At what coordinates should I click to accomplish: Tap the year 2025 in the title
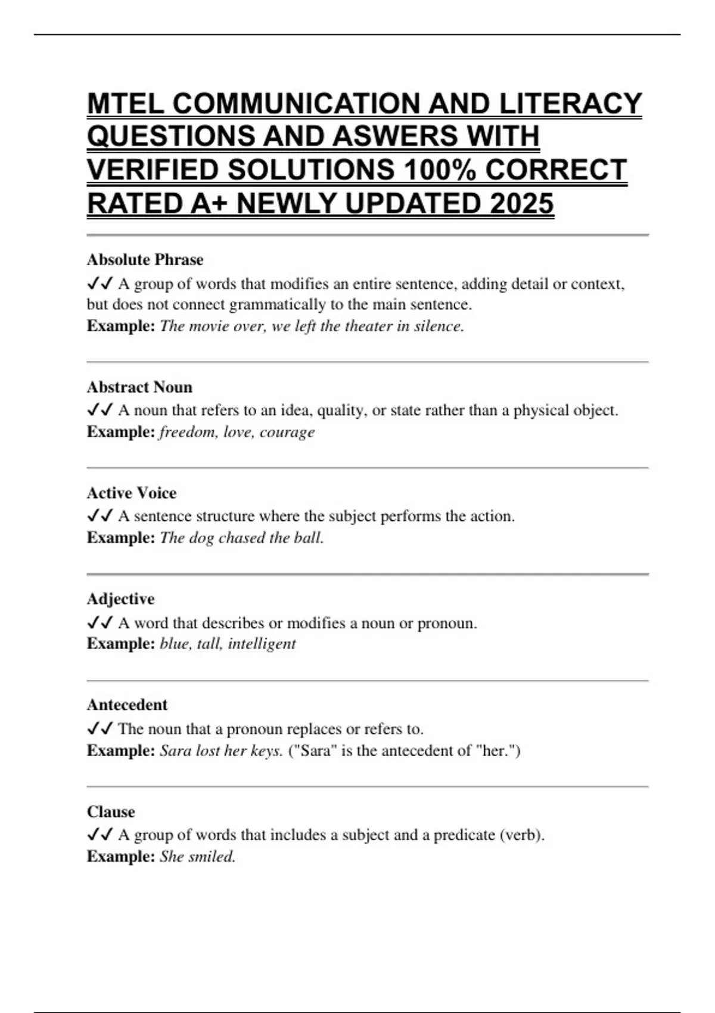coord(521,204)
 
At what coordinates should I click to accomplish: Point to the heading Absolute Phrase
coord(145,260)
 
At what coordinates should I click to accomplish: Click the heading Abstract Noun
coord(139,387)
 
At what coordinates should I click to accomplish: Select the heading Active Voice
coord(132,493)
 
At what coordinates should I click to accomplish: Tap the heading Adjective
coord(120,599)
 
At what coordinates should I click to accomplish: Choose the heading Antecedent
coord(127,705)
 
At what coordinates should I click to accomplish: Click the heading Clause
coord(111,812)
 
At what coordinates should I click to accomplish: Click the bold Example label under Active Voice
coord(121,538)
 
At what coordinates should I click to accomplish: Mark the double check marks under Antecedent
coord(100,728)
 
